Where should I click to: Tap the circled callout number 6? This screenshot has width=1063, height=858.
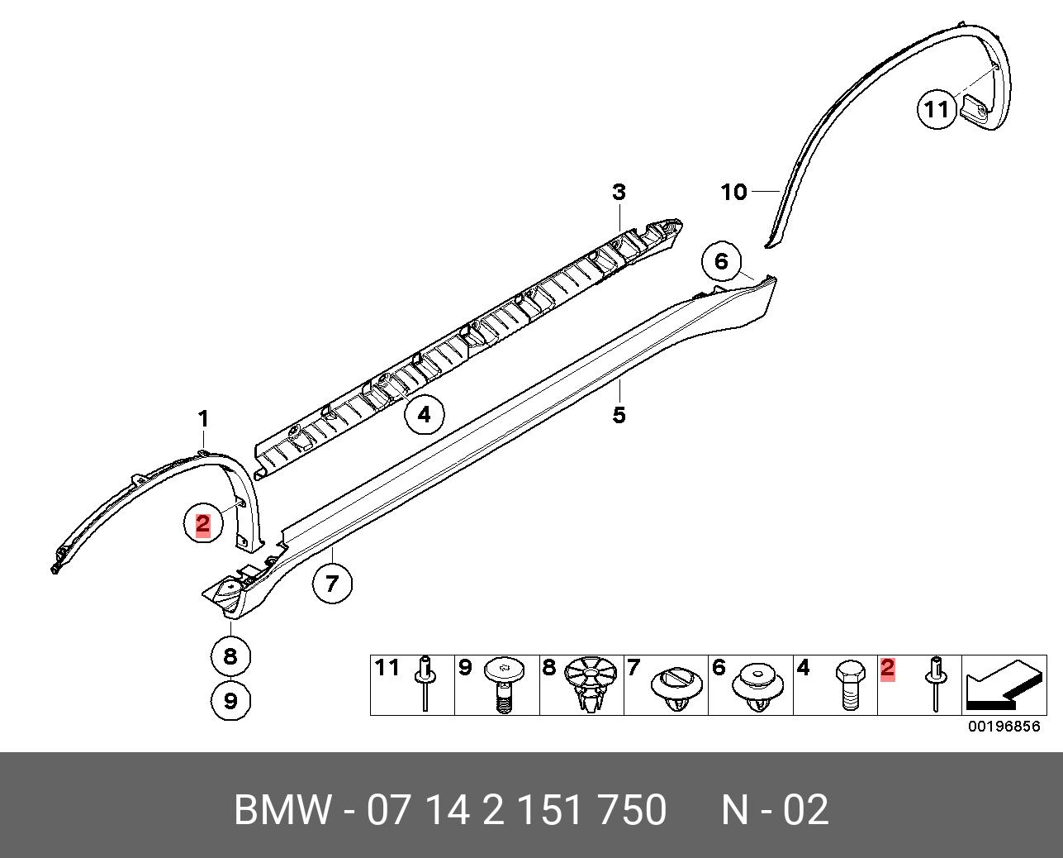click(x=721, y=262)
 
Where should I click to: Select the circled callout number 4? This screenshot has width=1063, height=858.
click(x=424, y=413)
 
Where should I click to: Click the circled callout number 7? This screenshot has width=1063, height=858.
click(x=331, y=584)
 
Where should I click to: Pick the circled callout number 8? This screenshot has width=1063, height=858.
click(x=230, y=655)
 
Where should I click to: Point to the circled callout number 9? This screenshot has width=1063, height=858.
click(x=230, y=701)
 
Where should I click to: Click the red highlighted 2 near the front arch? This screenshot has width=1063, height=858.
click(x=202, y=523)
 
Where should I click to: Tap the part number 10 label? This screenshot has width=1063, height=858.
click(x=733, y=193)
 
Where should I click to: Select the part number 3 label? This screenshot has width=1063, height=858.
click(x=619, y=193)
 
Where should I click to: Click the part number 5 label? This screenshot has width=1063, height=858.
click(x=619, y=414)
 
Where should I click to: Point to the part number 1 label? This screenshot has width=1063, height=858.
click(x=203, y=419)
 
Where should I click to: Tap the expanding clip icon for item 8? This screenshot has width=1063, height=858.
click(x=591, y=684)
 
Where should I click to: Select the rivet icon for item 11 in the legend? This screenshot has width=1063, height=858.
click(x=425, y=682)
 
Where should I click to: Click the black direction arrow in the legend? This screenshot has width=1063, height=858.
click(x=1002, y=684)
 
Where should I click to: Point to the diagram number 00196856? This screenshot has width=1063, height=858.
click(x=1004, y=727)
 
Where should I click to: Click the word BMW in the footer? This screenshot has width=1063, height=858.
click(x=282, y=810)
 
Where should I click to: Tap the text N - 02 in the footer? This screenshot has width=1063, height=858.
click(x=775, y=810)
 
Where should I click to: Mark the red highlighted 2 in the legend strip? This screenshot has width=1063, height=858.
click(x=888, y=668)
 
